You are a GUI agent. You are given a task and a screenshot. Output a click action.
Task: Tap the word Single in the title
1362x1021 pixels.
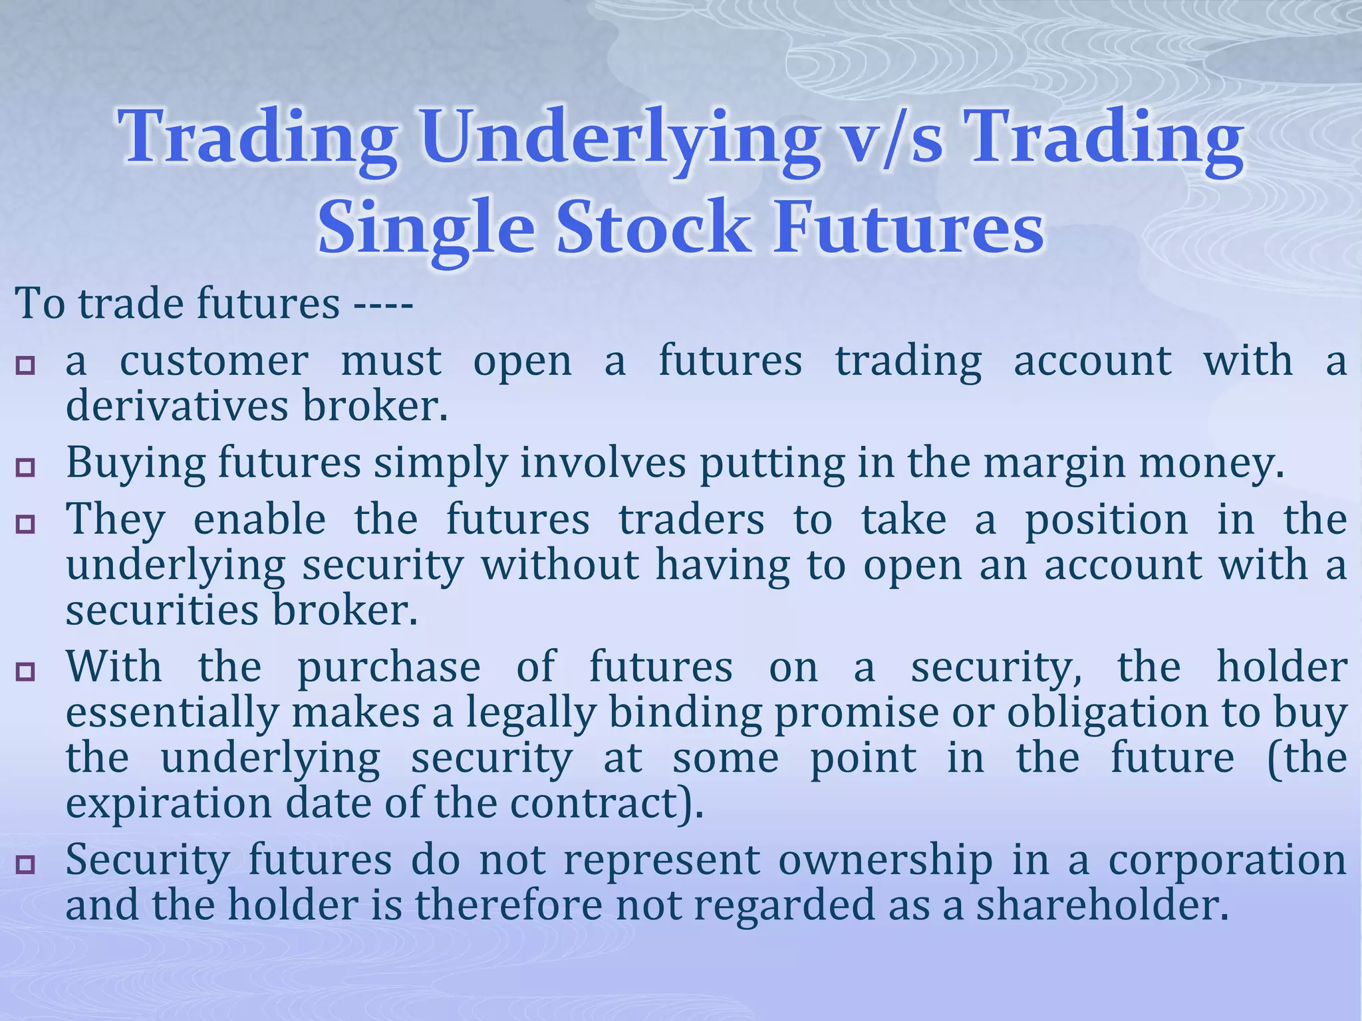pyautogui.click(x=426, y=228)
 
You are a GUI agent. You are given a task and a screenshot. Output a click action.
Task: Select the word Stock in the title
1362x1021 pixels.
pyautogui.click(x=653, y=228)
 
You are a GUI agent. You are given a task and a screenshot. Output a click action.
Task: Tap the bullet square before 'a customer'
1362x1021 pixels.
pyautogui.click(x=25, y=365)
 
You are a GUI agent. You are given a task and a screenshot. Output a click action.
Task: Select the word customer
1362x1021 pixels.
pyautogui.click(x=213, y=362)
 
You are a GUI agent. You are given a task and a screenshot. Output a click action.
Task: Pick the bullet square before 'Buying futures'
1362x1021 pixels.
pyautogui.click(x=25, y=467)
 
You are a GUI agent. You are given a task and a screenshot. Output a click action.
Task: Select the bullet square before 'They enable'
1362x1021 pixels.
pyautogui.click(x=25, y=524)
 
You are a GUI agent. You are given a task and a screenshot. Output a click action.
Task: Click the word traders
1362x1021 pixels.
pyautogui.click(x=692, y=520)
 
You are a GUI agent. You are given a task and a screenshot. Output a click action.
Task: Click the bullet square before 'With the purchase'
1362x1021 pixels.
pyautogui.click(x=25, y=671)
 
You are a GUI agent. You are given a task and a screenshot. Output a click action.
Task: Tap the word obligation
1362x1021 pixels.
pyautogui.click(x=1107, y=713)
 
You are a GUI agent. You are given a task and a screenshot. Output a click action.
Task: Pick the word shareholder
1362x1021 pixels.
pyautogui.click(x=1101, y=906)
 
